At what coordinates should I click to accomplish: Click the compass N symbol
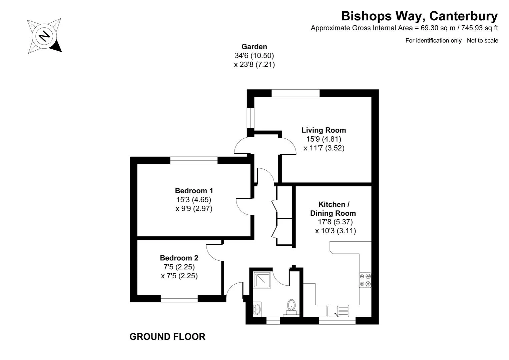pyautogui.click(x=44, y=36)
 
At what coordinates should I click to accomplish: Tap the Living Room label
pyautogui.click(x=324, y=130)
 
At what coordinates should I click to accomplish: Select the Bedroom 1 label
pyautogui.click(x=194, y=190)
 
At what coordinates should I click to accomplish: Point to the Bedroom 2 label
pyautogui.click(x=179, y=258)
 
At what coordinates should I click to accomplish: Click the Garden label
pyautogui.click(x=254, y=47)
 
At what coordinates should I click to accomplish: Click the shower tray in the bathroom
pyautogui.click(x=262, y=280)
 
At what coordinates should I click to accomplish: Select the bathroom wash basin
pyautogui.click(x=257, y=309)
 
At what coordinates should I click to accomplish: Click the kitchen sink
pyautogui.click(x=338, y=311)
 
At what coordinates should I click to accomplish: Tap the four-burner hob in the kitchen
pyautogui.click(x=365, y=280)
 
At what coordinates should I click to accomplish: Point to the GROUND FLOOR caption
pyautogui.click(x=167, y=337)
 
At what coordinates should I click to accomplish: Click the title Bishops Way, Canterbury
pyautogui.click(x=420, y=16)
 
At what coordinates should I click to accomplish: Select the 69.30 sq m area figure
pyautogui.click(x=435, y=28)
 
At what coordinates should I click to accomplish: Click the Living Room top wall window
pyautogui.click(x=296, y=93)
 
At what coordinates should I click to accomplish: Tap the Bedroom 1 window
pyautogui.click(x=194, y=160)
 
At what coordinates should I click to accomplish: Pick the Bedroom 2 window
pyautogui.click(x=179, y=298)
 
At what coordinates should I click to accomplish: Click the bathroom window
pyautogui.click(x=273, y=320)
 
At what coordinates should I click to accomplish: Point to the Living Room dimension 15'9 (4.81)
pyautogui.click(x=324, y=139)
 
